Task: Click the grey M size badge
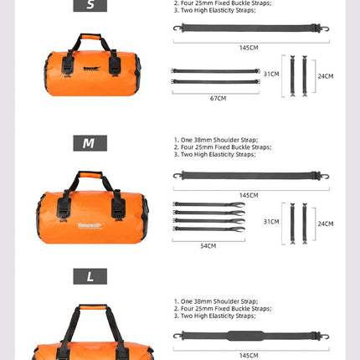click(x=90, y=143)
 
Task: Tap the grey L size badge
click(x=90, y=275)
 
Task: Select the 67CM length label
click(x=218, y=98)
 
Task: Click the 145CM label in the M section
click(x=249, y=195)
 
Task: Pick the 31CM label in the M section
click(x=270, y=221)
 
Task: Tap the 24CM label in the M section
click(x=326, y=224)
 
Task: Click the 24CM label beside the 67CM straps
click(x=326, y=75)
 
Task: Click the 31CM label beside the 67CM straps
click(x=270, y=74)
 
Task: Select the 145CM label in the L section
click(x=249, y=355)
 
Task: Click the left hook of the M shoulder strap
click(x=178, y=175)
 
